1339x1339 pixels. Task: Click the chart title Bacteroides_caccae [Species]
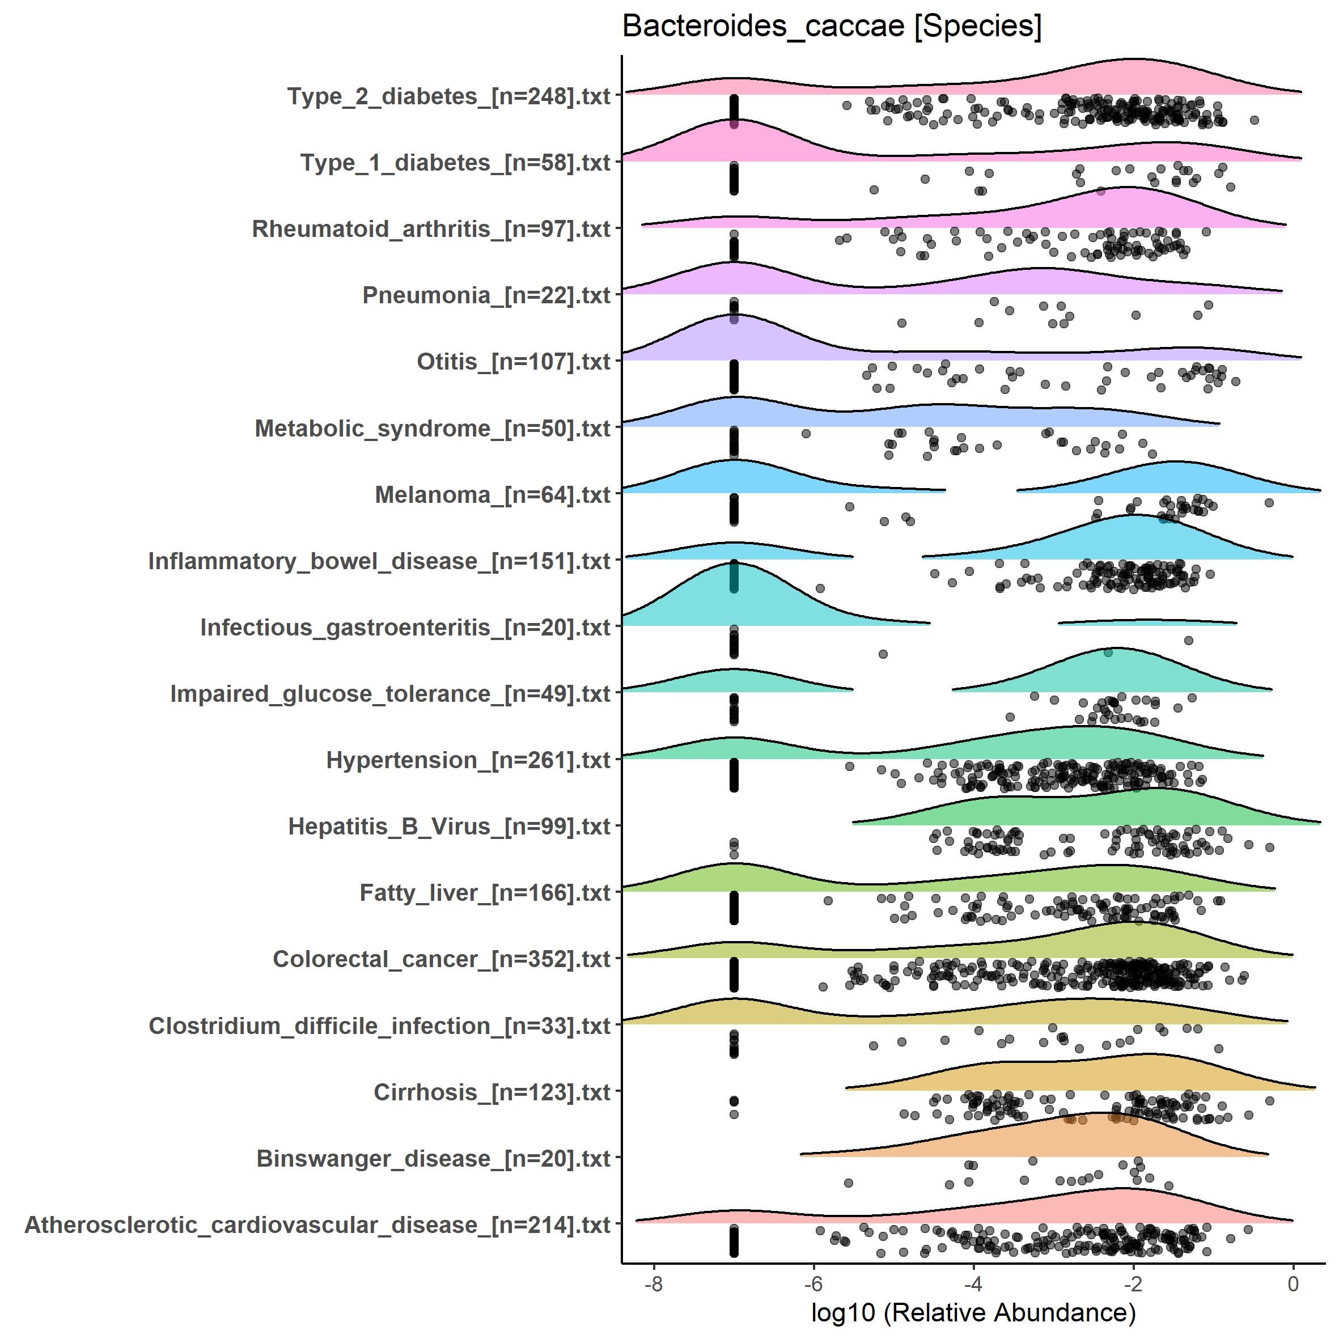[x=832, y=28]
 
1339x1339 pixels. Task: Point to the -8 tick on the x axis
[x=654, y=1284]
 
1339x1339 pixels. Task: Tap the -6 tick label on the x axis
[x=813, y=1284]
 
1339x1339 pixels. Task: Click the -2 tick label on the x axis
[x=1133, y=1284]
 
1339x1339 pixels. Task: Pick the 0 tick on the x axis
[x=1293, y=1284]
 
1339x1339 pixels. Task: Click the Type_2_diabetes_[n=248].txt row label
[x=448, y=96]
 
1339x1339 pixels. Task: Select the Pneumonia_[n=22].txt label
[x=486, y=296]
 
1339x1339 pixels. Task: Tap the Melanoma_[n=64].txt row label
[x=492, y=495]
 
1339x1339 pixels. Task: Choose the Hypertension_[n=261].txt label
[x=468, y=760]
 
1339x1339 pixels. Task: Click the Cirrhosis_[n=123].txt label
[x=491, y=1092]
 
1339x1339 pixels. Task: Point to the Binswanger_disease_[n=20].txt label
[x=433, y=1159]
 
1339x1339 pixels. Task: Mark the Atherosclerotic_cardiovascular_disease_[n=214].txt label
[x=317, y=1225]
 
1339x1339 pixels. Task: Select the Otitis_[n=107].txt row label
[x=513, y=362]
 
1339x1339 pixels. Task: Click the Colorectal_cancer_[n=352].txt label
[x=442, y=959]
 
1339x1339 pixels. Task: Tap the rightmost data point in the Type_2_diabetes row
[x=1254, y=121]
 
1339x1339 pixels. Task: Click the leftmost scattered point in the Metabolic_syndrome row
[x=806, y=434]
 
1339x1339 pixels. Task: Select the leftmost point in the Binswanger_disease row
[x=848, y=1183]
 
